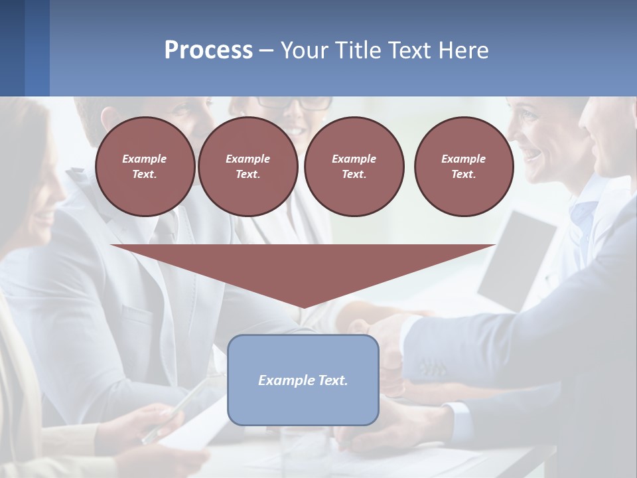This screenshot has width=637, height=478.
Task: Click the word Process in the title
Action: pos(208,50)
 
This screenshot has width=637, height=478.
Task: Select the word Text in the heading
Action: pos(409,50)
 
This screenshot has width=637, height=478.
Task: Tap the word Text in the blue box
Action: pos(333,380)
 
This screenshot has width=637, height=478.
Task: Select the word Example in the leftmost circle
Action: pos(145,159)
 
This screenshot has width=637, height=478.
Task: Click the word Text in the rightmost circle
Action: pos(463,174)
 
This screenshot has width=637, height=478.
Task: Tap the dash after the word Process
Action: pos(266,50)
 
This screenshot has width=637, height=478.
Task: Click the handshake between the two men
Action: pos(378,325)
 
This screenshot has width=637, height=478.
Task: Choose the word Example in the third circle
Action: pos(354,159)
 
